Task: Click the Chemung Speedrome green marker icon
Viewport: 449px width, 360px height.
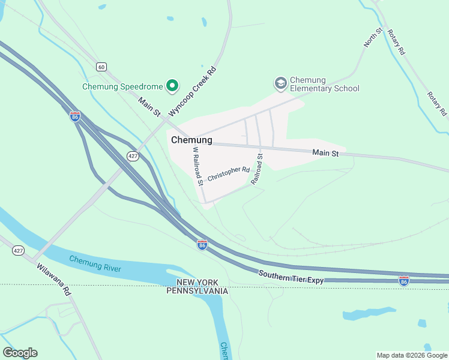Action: pos(172,86)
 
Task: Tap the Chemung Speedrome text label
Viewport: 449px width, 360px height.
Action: pos(122,86)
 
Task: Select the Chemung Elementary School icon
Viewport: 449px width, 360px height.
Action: pos(280,83)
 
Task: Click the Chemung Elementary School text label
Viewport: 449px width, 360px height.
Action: pos(324,84)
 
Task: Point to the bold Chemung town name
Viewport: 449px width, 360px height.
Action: pos(191,140)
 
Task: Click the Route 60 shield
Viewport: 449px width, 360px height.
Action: pos(101,66)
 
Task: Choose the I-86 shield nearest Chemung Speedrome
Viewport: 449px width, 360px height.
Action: pos(75,116)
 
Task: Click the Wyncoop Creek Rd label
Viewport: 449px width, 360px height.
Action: pos(192,92)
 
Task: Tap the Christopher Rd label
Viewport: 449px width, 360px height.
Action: pos(229,174)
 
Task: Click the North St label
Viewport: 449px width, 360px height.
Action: pos(373,37)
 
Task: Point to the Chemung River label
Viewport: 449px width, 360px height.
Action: pos(95,263)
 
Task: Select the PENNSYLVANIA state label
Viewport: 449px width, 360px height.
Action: pos(197,291)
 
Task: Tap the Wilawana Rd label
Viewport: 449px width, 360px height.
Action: pos(53,280)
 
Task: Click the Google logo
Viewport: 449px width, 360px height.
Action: pos(20,353)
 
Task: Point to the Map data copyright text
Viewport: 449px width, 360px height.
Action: pos(411,355)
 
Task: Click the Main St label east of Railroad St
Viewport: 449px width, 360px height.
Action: pos(326,154)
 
